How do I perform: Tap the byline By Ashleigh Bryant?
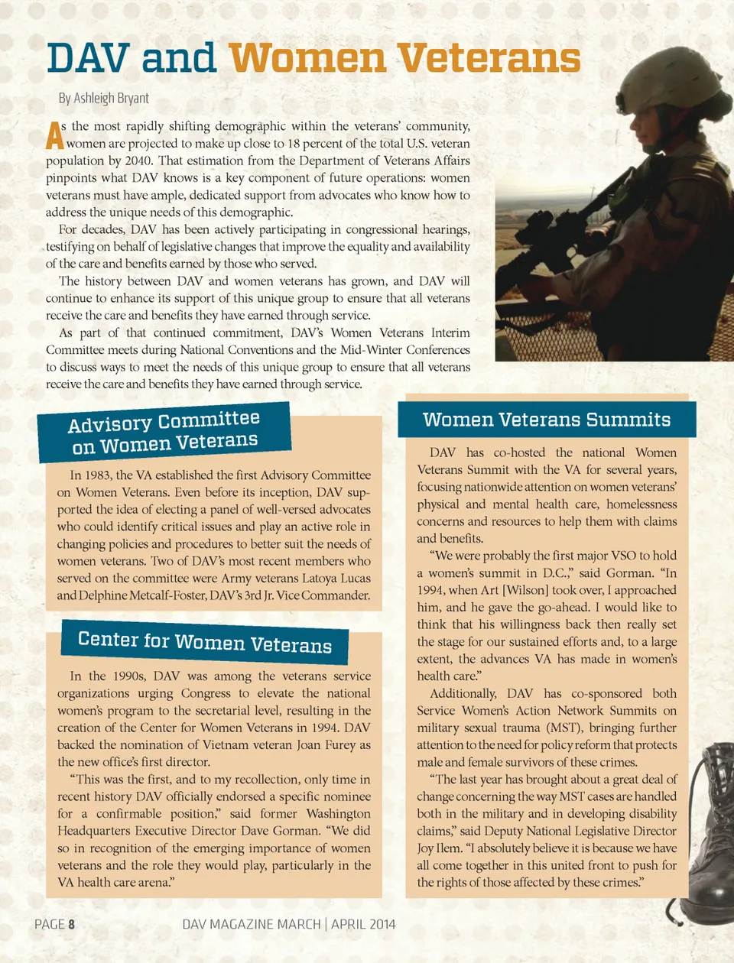pyautogui.click(x=104, y=99)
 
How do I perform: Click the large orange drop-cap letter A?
pyautogui.click(x=54, y=135)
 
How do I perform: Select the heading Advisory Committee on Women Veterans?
pyautogui.click(x=164, y=432)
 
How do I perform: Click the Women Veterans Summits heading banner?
pyautogui.click(x=547, y=420)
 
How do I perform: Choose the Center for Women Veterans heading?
pyautogui.click(x=205, y=642)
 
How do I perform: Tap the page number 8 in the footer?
pyautogui.click(x=72, y=924)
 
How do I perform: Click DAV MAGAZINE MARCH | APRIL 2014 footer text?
pyautogui.click(x=289, y=924)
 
